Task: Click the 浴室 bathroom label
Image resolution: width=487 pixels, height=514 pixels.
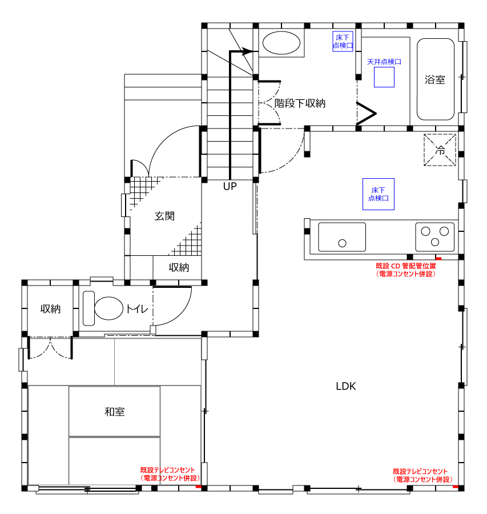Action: click(x=435, y=79)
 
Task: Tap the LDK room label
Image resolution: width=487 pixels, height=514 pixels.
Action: click(x=346, y=386)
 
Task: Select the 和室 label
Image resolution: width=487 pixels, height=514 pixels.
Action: click(x=115, y=412)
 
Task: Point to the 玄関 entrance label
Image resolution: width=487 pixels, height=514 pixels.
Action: click(x=164, y=216)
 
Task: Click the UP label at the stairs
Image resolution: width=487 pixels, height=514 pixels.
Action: click(x=230, y=186)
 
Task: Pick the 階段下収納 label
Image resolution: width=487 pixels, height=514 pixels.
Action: click(x=300, y=103)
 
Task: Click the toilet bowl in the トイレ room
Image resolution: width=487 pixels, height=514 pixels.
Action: click(x=109, y=308)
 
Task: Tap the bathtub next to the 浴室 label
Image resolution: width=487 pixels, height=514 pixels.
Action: click(x=436, y=79)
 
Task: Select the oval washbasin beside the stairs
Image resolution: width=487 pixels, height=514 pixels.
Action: click(x=281, y=43)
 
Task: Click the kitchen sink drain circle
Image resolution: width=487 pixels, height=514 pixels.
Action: click(x=342, y=243)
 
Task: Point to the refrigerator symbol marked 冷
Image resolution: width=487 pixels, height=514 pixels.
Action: click(x=440, y=150)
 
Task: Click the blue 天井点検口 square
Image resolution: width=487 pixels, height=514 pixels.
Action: click(x=384, y=77)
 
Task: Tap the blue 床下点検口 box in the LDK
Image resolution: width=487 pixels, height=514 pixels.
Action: click(x=378, y=194)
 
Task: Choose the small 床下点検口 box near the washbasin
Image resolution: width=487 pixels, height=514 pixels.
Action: click(x=343, y=41)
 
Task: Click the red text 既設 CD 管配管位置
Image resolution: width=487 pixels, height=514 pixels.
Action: click(x=406, y=266)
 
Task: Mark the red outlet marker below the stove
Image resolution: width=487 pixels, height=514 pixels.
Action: click(x=438, y=259)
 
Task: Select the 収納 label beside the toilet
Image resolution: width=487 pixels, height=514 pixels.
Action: click(x=50, y=309)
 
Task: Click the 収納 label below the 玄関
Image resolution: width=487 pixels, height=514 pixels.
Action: click(x=179, y=267)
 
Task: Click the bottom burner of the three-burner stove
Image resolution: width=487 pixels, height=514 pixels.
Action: click(x=435, y=242)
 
